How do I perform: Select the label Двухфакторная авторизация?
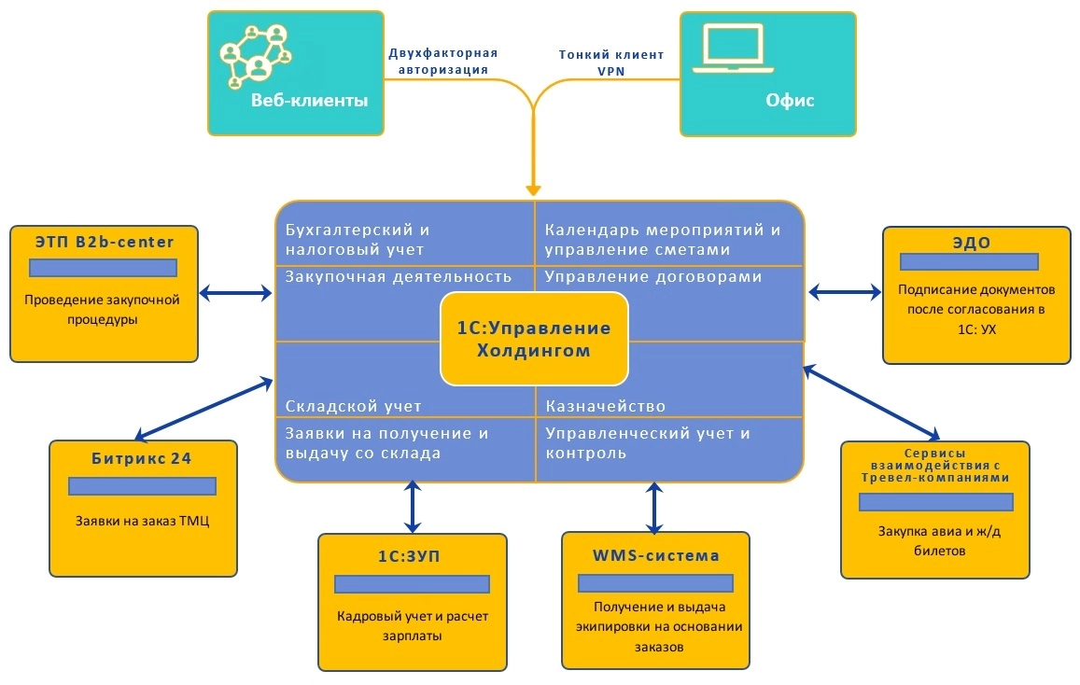tap(442, 61)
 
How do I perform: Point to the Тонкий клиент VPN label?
tap(611, 62)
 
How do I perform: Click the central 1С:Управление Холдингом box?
tap(534, 339)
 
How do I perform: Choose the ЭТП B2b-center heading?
tap(104, 243)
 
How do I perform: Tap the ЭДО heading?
tap(975, 243)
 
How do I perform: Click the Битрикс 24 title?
tap(142, 458)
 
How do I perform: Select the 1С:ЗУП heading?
tap(412, 556)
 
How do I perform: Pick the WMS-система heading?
tap(655, 555)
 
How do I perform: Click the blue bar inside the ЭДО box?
tap(975, 262)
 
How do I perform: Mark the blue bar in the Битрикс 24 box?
tap(142, 486)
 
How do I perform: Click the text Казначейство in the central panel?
tap(605, 406)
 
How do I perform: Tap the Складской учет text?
tap(353, 406)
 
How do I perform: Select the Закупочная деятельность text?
tap(398, 276)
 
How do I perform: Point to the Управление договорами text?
tap(653, 276)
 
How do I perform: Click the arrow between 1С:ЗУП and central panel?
tap(412, 507)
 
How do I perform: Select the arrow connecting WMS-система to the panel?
tap(655, 507)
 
